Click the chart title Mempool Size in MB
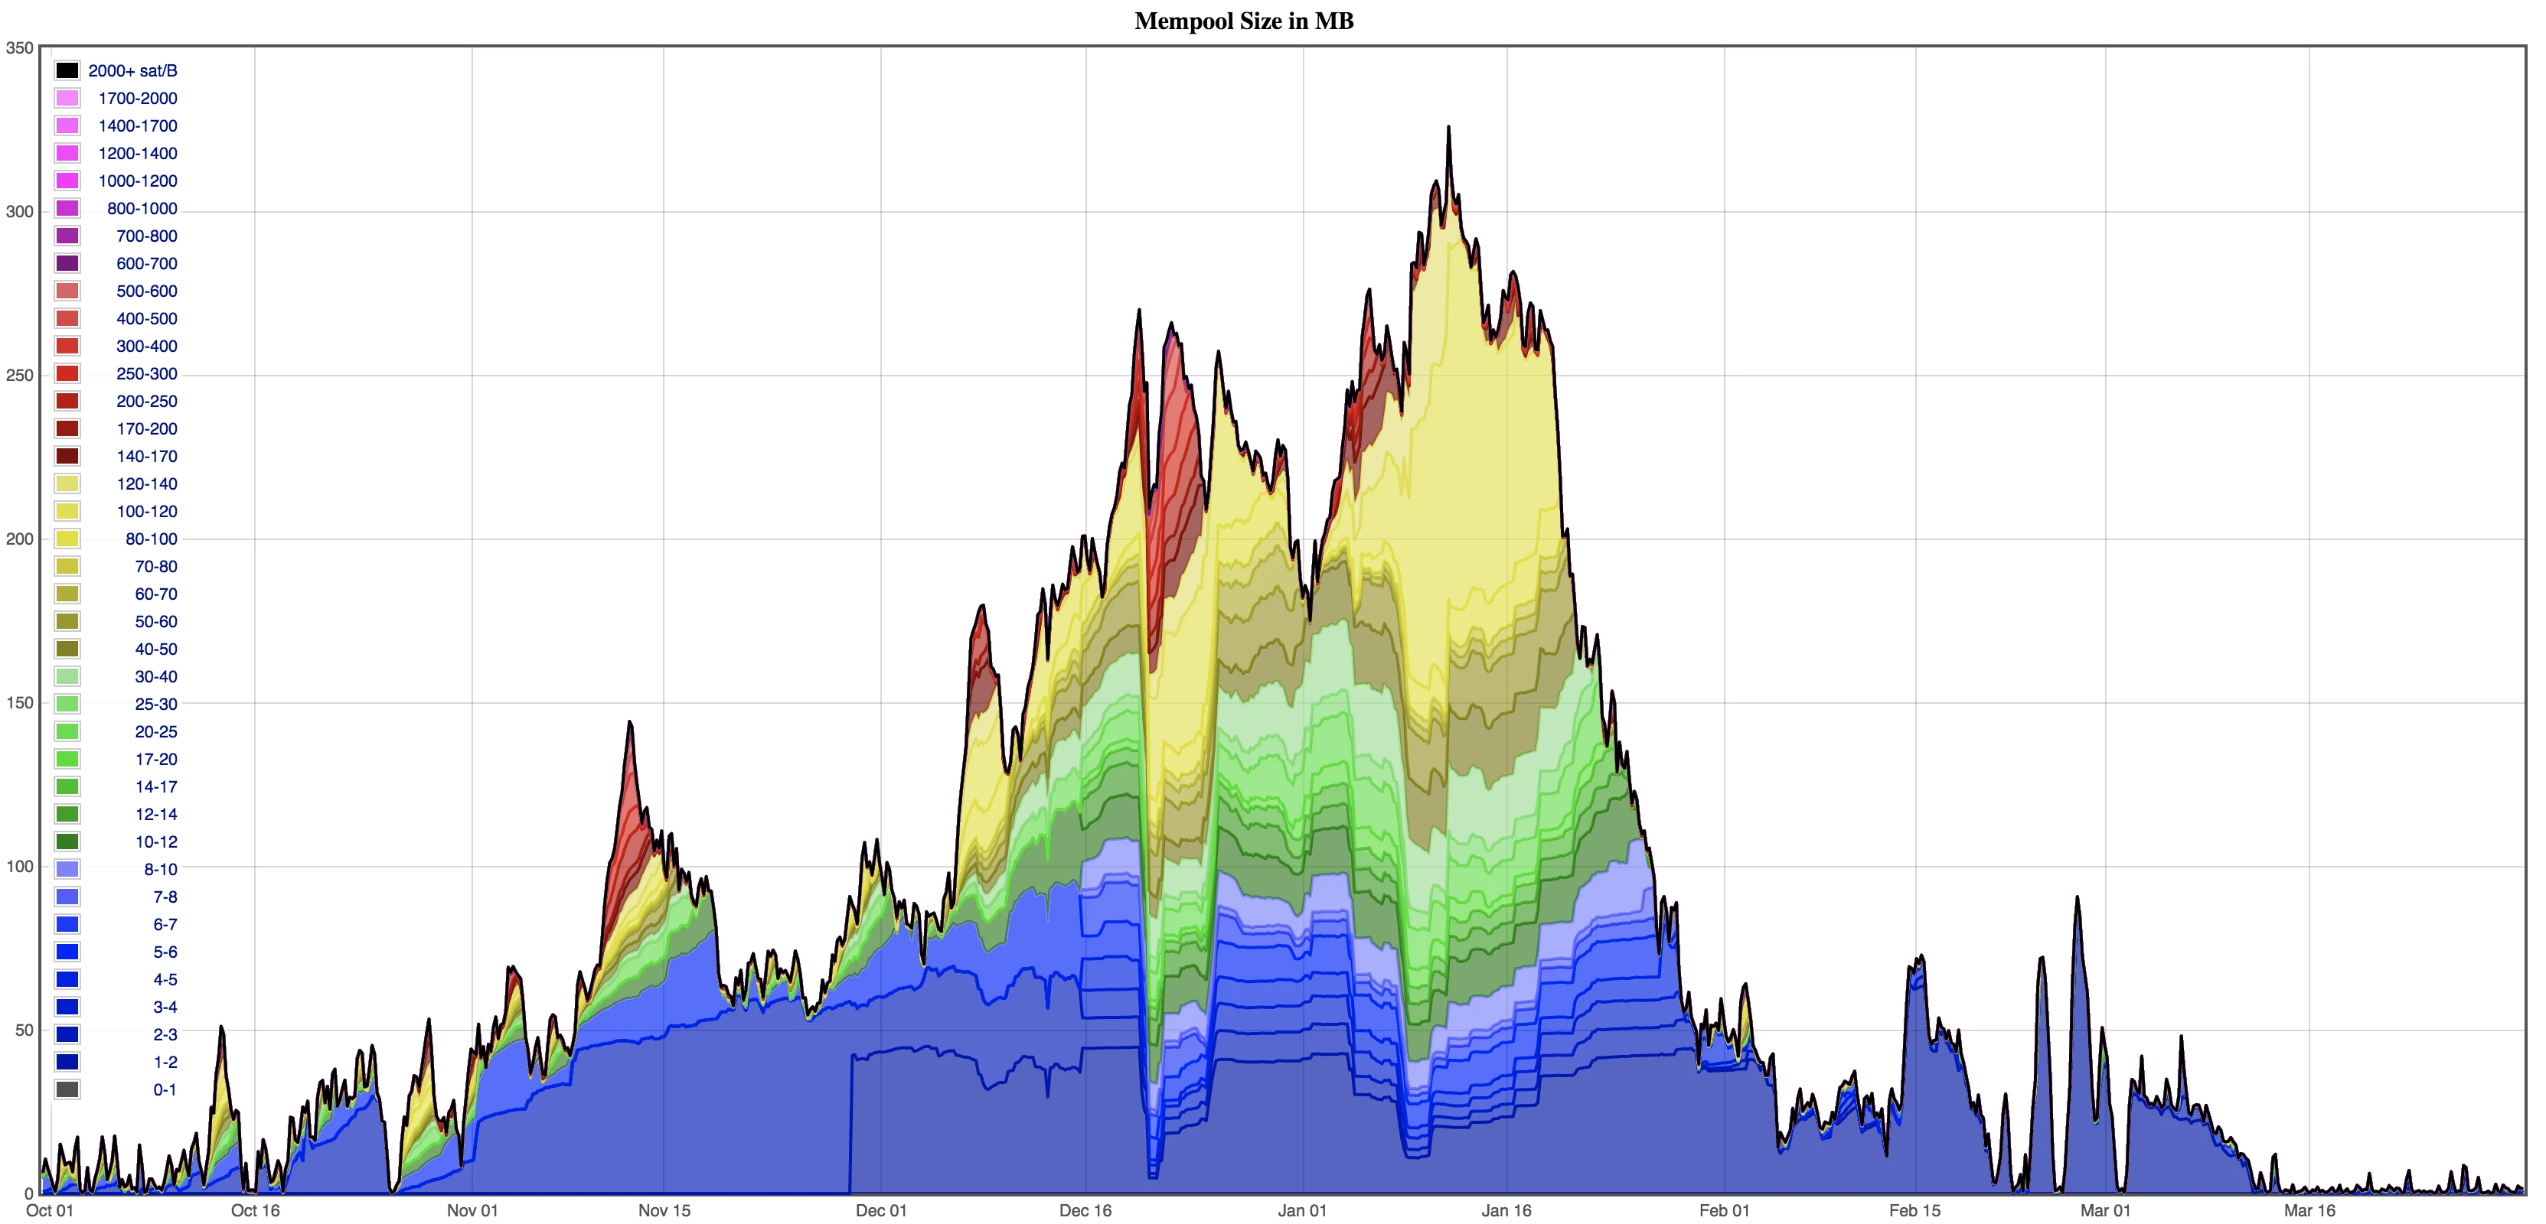coord(1243,21)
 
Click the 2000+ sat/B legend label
coord(132,71)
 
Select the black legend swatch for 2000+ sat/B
coord(67,71)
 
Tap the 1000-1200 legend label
coord(137,181)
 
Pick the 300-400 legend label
coord(146,346)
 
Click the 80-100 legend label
coord(152,539)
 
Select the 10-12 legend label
coord(156,841)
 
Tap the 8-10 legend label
coord(160,869)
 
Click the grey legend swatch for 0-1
coord(67,1089)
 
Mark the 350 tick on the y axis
coord(20,47)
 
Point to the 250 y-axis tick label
coord(20,376)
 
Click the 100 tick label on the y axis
coord(20,867)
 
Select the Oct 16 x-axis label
coord(255,1210)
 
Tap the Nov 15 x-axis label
coord(664,1210)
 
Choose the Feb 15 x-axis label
coord(1914,1210)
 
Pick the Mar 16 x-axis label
coord(2309,1210)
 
